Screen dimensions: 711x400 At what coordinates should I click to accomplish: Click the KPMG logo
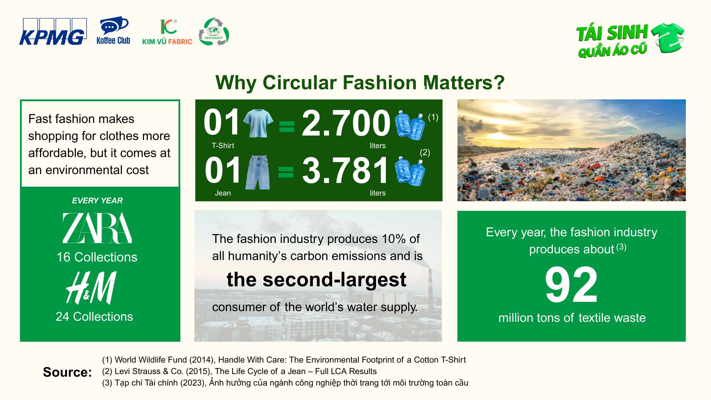(x=53, y=32)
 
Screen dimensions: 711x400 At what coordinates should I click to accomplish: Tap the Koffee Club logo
(x=113, y=31)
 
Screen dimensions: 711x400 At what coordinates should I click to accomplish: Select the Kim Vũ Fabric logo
(x=167, y=32)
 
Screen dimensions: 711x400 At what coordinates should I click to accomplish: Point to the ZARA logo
(x=97, y=228)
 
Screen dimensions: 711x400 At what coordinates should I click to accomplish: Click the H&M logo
(x=91, y=288)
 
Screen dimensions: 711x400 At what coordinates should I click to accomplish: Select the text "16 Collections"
(x=97, y=257)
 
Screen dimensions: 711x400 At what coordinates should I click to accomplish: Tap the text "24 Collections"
(x=94, y=317)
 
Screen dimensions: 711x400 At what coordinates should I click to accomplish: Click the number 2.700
(x=346, y=123)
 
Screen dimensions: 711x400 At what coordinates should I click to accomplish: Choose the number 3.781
(x=346, y=170)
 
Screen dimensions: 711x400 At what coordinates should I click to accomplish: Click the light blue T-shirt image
(x=258, y=123)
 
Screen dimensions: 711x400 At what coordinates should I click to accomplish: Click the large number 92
(x=571, y=285)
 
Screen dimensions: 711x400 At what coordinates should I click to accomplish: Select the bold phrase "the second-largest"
(x=316, y=280)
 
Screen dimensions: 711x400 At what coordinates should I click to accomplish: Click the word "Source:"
(x=67, y=372)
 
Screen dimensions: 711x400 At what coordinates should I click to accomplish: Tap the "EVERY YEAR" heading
(x=97, y=200)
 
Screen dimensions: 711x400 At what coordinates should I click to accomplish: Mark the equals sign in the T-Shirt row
(x=287, y=126)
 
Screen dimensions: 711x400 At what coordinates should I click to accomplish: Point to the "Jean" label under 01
(x=223, y=193)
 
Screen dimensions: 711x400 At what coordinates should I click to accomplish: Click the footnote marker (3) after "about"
(x=621, y=247)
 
